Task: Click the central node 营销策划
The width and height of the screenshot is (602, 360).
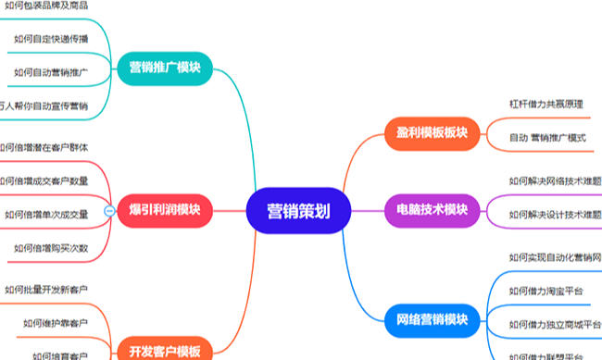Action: tap(297, 210)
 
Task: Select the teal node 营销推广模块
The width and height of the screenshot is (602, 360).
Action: tap(165, 68)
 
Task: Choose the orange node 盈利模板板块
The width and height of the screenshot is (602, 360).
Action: tap(427, 132)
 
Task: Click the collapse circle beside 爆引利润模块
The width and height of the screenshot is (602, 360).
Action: tap(109, 211)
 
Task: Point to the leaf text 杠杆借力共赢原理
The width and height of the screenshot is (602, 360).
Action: tap(546, 104)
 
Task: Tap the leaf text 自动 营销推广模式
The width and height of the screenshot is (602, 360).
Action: tap(548, 137)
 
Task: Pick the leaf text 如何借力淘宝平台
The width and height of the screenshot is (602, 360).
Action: tap(546, 291)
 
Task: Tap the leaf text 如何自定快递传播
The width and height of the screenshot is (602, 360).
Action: tap(52, 39)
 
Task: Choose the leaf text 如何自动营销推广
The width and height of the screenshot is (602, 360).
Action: tap(52, 72)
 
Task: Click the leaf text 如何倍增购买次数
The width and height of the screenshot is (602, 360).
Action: tap(52, 248)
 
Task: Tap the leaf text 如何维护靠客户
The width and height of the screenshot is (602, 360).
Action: tap(56, 324)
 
